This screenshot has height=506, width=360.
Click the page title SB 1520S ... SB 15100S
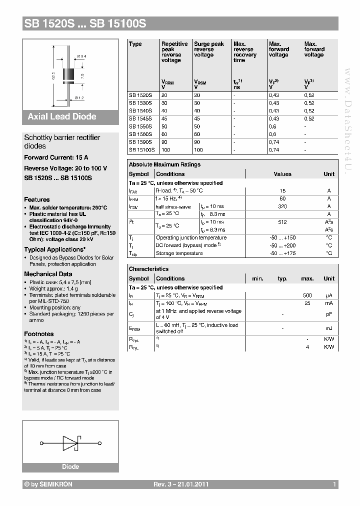tap(84, 23)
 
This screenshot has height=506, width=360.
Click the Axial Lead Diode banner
tap(62, 116)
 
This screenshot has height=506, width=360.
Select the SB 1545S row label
tap(140, 119)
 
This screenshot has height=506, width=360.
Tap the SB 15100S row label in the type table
tap(142, 149)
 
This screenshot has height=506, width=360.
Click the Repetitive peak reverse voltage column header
tap(174, 52)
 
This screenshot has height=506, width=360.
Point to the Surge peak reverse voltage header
tap(208, 49)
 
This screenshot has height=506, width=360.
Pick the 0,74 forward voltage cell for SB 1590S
tap(274, 142)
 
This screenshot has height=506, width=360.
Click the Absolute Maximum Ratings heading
tap(164, 164)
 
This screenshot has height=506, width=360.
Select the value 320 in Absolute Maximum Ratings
tap(282, 206)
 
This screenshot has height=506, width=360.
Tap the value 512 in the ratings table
tap(282, 222)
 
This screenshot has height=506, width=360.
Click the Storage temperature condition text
tap(179, 253)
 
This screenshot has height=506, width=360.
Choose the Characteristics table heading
tap(148, 269)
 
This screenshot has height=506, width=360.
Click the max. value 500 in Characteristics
tap(307, 295)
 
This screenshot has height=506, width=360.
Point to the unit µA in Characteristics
tap(328, 295)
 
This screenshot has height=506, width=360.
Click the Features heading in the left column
tap(37, 199)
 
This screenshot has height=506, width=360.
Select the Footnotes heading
tap(39, 333)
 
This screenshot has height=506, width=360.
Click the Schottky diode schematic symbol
tap(70, 443)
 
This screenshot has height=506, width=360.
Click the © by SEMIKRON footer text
tap(48, 484)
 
